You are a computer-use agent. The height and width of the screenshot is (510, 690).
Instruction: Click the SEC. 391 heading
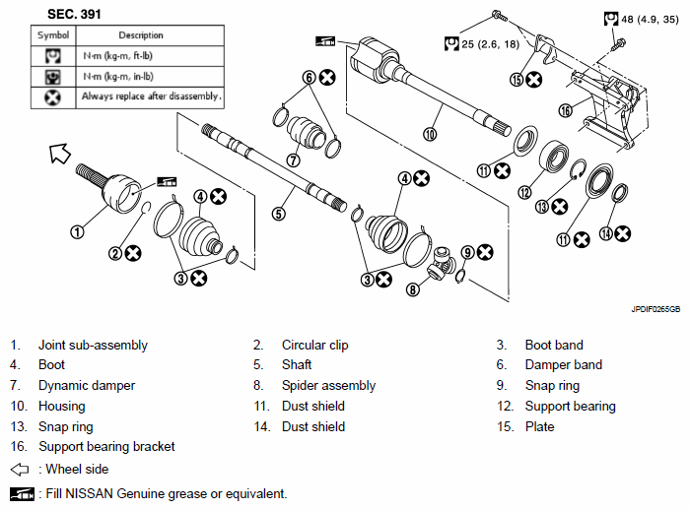(x=74, y=14)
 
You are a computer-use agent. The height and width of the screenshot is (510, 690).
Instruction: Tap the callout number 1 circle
(x=78, y=231)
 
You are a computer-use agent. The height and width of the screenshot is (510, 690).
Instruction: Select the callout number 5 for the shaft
(x=279, y=214)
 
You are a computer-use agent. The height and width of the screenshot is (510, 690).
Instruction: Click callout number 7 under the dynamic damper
(x=293, y=160)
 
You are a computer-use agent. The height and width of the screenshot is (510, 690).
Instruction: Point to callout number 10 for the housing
(x=430, y=134)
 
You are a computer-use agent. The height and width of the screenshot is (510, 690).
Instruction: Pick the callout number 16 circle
(x=566, y=110)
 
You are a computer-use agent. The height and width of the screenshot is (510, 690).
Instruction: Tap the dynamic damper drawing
(x=305, y=132)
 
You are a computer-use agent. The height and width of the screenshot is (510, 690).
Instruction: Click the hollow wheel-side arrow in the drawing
(x=60, y=153)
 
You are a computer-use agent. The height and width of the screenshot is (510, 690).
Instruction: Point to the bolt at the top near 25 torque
(x=500, y=16)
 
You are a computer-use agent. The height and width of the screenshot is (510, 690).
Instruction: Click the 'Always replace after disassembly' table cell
(x=151, y=96)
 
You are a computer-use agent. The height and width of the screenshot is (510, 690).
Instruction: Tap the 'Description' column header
(x=141, y=35)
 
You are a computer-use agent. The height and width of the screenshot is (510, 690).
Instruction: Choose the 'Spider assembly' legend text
(x=328, y=386)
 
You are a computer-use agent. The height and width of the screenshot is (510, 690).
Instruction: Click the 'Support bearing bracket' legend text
(x=106, y=447)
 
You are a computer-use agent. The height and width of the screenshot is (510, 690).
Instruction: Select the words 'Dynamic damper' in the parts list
(x=87, y=386)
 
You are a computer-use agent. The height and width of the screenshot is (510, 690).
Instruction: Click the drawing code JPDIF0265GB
(x=655, y=309)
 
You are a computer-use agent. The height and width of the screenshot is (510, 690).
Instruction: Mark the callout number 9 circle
(x=468, y=252)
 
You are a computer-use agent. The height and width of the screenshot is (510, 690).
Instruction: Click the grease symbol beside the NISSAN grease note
(x=22, y=493)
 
